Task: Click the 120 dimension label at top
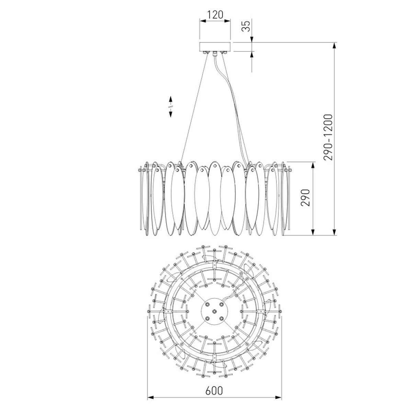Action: tap(215, 14)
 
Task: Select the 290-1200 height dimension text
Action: tap(328, 137)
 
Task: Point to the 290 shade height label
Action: tap(305, 197)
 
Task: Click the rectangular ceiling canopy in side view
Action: tap(215, 47)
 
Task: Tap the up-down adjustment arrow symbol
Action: tap(171, 107)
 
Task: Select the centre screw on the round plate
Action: tap(214, 311)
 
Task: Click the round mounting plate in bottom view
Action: tap(214, 311)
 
